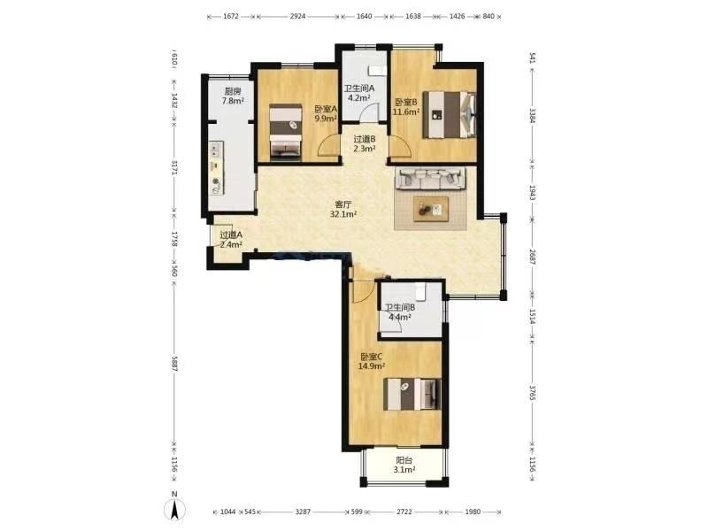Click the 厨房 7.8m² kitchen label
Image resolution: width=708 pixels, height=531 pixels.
233,96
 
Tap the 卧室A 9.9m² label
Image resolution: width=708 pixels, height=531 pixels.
326,114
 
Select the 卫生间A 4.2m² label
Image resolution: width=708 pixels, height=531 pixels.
359,93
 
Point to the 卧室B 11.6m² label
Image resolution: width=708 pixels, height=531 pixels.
406,107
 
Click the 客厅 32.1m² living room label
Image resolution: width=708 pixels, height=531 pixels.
343,210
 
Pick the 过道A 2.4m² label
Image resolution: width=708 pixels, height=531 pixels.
231,240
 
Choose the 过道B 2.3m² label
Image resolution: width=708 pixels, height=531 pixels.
365,144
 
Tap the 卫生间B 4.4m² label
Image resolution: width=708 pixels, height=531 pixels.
400,312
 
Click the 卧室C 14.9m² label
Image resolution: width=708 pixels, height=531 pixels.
372,361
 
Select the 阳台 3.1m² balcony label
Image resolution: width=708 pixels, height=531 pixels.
404,466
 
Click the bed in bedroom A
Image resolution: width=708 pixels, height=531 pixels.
286,132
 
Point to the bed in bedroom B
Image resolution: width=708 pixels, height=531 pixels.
450,114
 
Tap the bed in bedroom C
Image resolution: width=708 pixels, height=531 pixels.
412,394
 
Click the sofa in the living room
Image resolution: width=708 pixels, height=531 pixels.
430,178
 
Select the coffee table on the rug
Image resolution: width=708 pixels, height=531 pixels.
431,209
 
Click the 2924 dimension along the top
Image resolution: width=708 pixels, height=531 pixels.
297,16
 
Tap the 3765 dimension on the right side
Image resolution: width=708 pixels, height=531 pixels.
533,392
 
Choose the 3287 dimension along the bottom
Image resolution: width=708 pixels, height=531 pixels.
303,512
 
